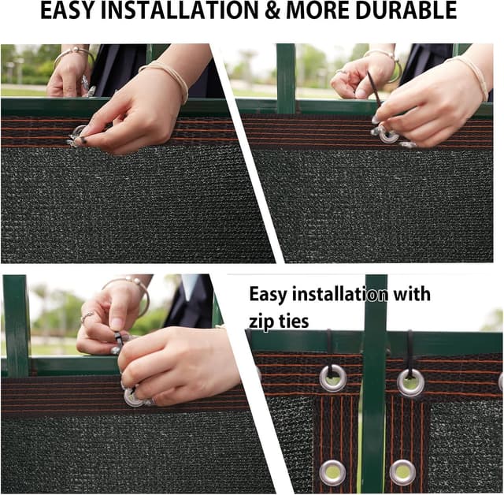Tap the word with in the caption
click(410, 295)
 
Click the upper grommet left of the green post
click(332, 378)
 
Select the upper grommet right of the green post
click(410, 382)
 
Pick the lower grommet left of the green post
click(332, 471)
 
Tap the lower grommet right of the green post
click(402, 471)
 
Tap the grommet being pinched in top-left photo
click(79, 134)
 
